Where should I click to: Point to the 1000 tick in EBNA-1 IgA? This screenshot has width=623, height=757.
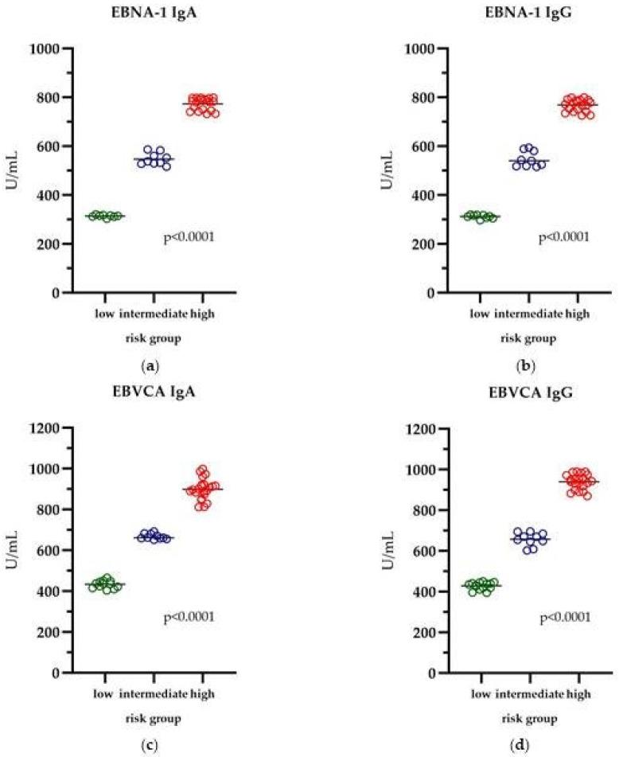click(x=48, y=49)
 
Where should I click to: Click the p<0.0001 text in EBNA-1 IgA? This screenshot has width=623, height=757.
click(x=189, y=236)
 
